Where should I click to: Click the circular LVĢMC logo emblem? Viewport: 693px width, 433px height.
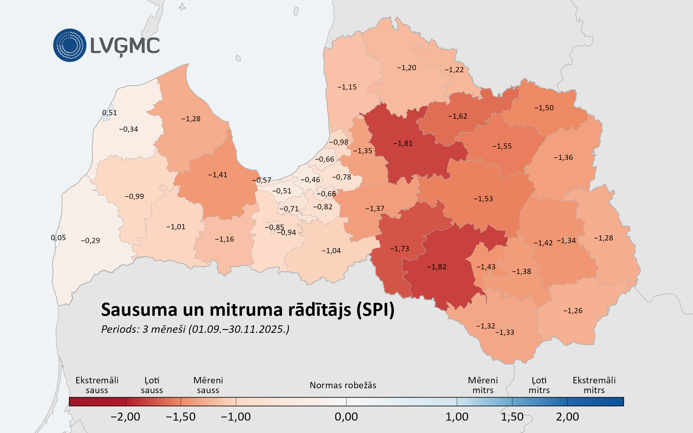pyautogui.click(x=70, y=45)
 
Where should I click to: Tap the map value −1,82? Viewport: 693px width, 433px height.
pyautogui.click(x=437, y=267)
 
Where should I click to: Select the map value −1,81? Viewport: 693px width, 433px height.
pyautogui.click(x=403, y=143)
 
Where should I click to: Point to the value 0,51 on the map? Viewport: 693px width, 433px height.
pyautogui.click(x=109, y=113)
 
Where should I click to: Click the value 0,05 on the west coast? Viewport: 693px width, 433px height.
pyautogui.click(x=58, y=238)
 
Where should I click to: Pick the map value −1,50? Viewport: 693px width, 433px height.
pyautogui.click(x=544, y=108)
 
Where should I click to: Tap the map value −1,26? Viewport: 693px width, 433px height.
pyautogui.click(x=573, y=311)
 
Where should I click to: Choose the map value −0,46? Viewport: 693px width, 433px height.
pyautogui.click(x=310, y=180)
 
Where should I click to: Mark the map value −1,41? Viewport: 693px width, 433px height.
pyautogui.click(x=217, y=175)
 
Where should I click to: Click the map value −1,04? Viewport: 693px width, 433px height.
pyautogui.click(x=331, y=251)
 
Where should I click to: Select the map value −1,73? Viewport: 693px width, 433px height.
pyautogui.click(x=399, y=249)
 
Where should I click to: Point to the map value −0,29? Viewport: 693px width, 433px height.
pyautogui.click(x=90, y=241)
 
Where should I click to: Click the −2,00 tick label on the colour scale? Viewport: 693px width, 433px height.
pyautogui.click(x=125, y=417)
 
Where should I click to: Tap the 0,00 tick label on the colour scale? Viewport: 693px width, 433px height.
pyautogui.click(x=346, y=417)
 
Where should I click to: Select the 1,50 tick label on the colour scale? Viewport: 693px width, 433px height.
pyautogui.click(x=512, y=417)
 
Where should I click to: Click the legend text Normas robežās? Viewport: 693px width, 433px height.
pyautogui.click(x=343, y=385)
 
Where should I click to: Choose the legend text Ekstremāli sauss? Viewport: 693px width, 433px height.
pyautogui.click(x=97, y=385)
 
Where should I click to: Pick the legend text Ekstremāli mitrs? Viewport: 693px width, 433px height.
pyautogui.click(x=594, y=385)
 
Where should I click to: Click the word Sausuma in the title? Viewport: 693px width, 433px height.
pyautogui.click(x=139, y=310)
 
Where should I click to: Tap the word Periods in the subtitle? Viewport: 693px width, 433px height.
pyautogui.click(x=120, y=329)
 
